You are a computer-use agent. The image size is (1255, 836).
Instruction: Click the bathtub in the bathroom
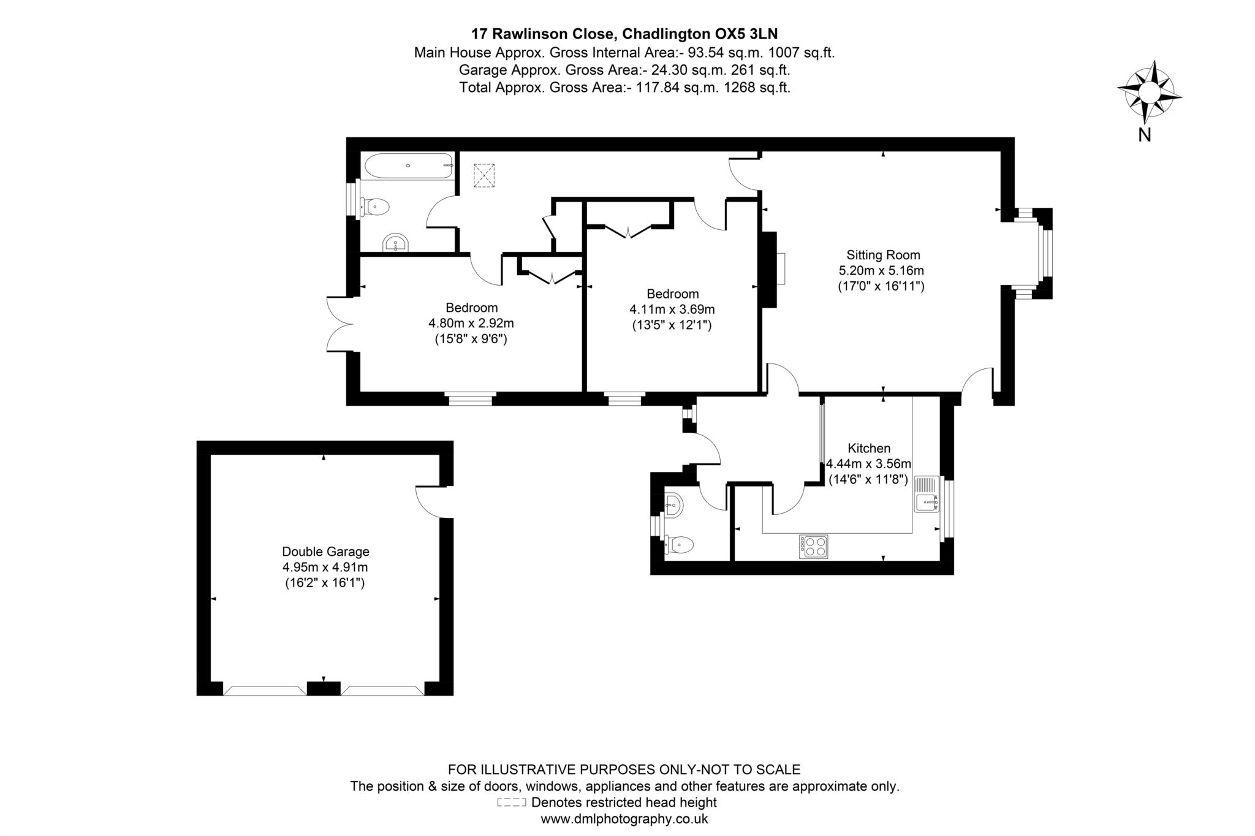coord(408,165)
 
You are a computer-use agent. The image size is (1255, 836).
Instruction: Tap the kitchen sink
coord(926,494)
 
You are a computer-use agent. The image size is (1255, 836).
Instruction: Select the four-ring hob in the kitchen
coord(813,546)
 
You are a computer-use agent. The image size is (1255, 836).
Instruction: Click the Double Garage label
coord(325,552)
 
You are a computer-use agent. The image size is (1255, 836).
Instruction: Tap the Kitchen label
coord(869,448)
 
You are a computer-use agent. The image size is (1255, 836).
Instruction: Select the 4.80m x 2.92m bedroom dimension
coord(471,323)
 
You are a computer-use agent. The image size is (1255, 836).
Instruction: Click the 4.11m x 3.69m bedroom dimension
coord(672,310)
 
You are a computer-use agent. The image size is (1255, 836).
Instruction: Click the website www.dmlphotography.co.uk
coord(624,818)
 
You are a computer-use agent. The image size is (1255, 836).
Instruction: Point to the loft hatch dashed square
coord(484,175)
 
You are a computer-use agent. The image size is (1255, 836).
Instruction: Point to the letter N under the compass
coord(1144,135)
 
